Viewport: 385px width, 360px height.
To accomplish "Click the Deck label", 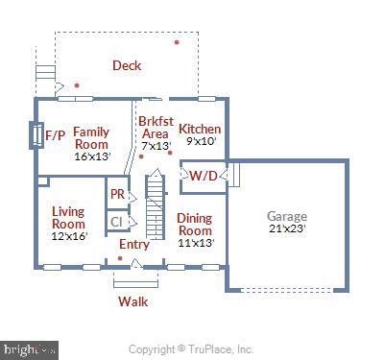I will click(127, 65).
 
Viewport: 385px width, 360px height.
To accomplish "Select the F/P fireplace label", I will click(56, 136).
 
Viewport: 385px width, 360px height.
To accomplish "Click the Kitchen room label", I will click(200, 129).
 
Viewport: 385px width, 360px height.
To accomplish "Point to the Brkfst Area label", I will click(155, 128).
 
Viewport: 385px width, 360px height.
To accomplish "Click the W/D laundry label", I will click(203, 176).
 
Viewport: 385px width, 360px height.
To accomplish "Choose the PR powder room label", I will click(117, 193).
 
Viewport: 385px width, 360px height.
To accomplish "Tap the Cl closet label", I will click(116, 222).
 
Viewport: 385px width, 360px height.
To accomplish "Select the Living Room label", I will click(68, 217).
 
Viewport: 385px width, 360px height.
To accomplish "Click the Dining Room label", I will click(194, 224).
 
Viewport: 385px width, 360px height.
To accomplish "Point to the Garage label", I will click(287, 216).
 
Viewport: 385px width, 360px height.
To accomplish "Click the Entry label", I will click(133, 245).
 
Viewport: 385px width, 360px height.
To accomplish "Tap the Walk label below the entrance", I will click(132, 300).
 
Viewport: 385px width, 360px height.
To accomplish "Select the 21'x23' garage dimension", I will click(287, 229).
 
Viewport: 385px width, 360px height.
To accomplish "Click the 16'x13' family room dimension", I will click(92, 156).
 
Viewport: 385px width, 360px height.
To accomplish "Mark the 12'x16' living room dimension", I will click(68, 236).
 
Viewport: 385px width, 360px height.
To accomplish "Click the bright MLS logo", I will click(30, 349).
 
